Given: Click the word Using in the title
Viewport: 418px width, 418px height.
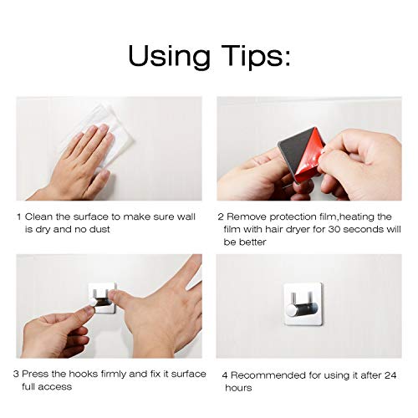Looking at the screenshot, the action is click(170, 57).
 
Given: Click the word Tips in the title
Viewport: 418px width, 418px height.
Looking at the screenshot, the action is click(249, 57).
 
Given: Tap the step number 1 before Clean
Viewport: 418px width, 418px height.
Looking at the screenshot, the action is click(19, 217).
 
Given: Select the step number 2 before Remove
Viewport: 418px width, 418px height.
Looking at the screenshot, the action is click(221, 217).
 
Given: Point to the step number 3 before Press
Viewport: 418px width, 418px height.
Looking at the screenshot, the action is click(16, 374).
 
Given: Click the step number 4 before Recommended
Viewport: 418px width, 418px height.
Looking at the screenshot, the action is click(225, 375).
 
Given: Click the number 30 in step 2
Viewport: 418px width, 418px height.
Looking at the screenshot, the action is click(334, 229).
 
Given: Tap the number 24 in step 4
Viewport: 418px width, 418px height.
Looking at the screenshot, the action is click(390, 375).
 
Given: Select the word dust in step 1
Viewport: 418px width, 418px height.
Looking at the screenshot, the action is click(99, 229).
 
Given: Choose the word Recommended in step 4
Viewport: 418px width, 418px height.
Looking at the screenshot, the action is click(268, 375).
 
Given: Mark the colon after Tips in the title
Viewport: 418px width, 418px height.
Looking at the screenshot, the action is click(287, 58).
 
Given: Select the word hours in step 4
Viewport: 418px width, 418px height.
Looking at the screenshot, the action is click(238, 388).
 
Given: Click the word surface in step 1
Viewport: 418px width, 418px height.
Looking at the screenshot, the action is click(90, 217).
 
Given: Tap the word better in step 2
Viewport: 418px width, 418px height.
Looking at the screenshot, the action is click(252, 242).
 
